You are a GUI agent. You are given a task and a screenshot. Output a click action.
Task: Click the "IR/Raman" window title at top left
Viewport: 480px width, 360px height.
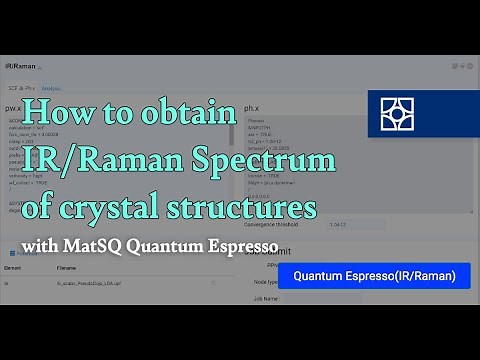(19, 65)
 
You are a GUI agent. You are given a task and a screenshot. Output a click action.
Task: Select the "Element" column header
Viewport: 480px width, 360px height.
(16, 268)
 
